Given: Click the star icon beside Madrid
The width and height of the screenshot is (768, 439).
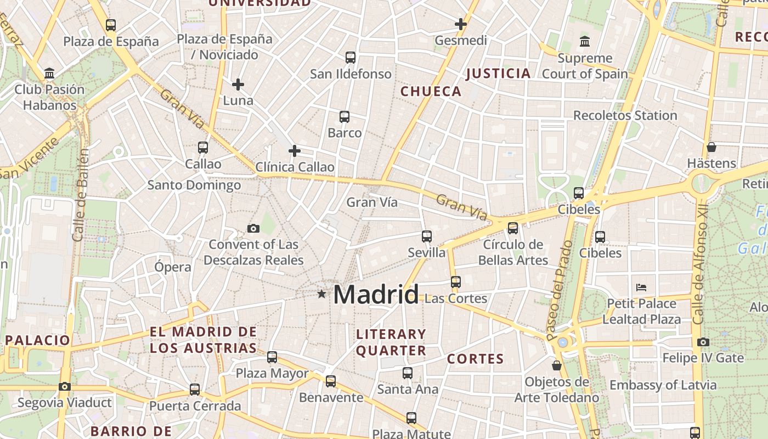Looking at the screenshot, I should pos(321,294).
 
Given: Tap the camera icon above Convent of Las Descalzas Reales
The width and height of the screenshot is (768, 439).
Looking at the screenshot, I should pos(253,228).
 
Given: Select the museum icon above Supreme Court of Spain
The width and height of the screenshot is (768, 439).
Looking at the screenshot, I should pos(585,42).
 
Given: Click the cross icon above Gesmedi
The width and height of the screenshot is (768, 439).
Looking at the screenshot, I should pos(461,24).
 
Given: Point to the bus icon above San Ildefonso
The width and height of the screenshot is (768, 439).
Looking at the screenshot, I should pos(351,57).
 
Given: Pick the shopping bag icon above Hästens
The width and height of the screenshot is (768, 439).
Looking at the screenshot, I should pos(711,147).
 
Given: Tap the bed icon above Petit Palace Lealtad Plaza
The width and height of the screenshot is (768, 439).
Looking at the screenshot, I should pos(641,287).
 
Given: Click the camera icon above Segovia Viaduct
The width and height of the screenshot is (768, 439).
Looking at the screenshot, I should pos(65,386).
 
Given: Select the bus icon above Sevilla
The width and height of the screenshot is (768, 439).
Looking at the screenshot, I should pos(427,237).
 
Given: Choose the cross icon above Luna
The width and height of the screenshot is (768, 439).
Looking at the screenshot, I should pos(238,85).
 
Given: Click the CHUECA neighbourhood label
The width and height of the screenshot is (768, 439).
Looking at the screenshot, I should pos(431,92).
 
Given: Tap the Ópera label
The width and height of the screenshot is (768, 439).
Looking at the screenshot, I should pos(173,267).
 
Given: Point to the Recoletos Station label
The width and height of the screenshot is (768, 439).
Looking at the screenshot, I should pos(625,116).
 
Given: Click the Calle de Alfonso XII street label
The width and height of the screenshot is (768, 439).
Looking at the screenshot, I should pos(698,265).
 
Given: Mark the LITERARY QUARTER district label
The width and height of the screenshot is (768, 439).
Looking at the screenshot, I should pos(391,342).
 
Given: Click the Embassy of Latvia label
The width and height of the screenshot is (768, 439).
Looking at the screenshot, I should pos(663,385).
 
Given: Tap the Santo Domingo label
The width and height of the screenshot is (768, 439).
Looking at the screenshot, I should pos(194,185).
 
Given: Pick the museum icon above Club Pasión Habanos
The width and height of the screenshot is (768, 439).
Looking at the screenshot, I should pos(50,73).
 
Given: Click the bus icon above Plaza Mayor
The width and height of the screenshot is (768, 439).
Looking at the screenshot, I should pos(272,358).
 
